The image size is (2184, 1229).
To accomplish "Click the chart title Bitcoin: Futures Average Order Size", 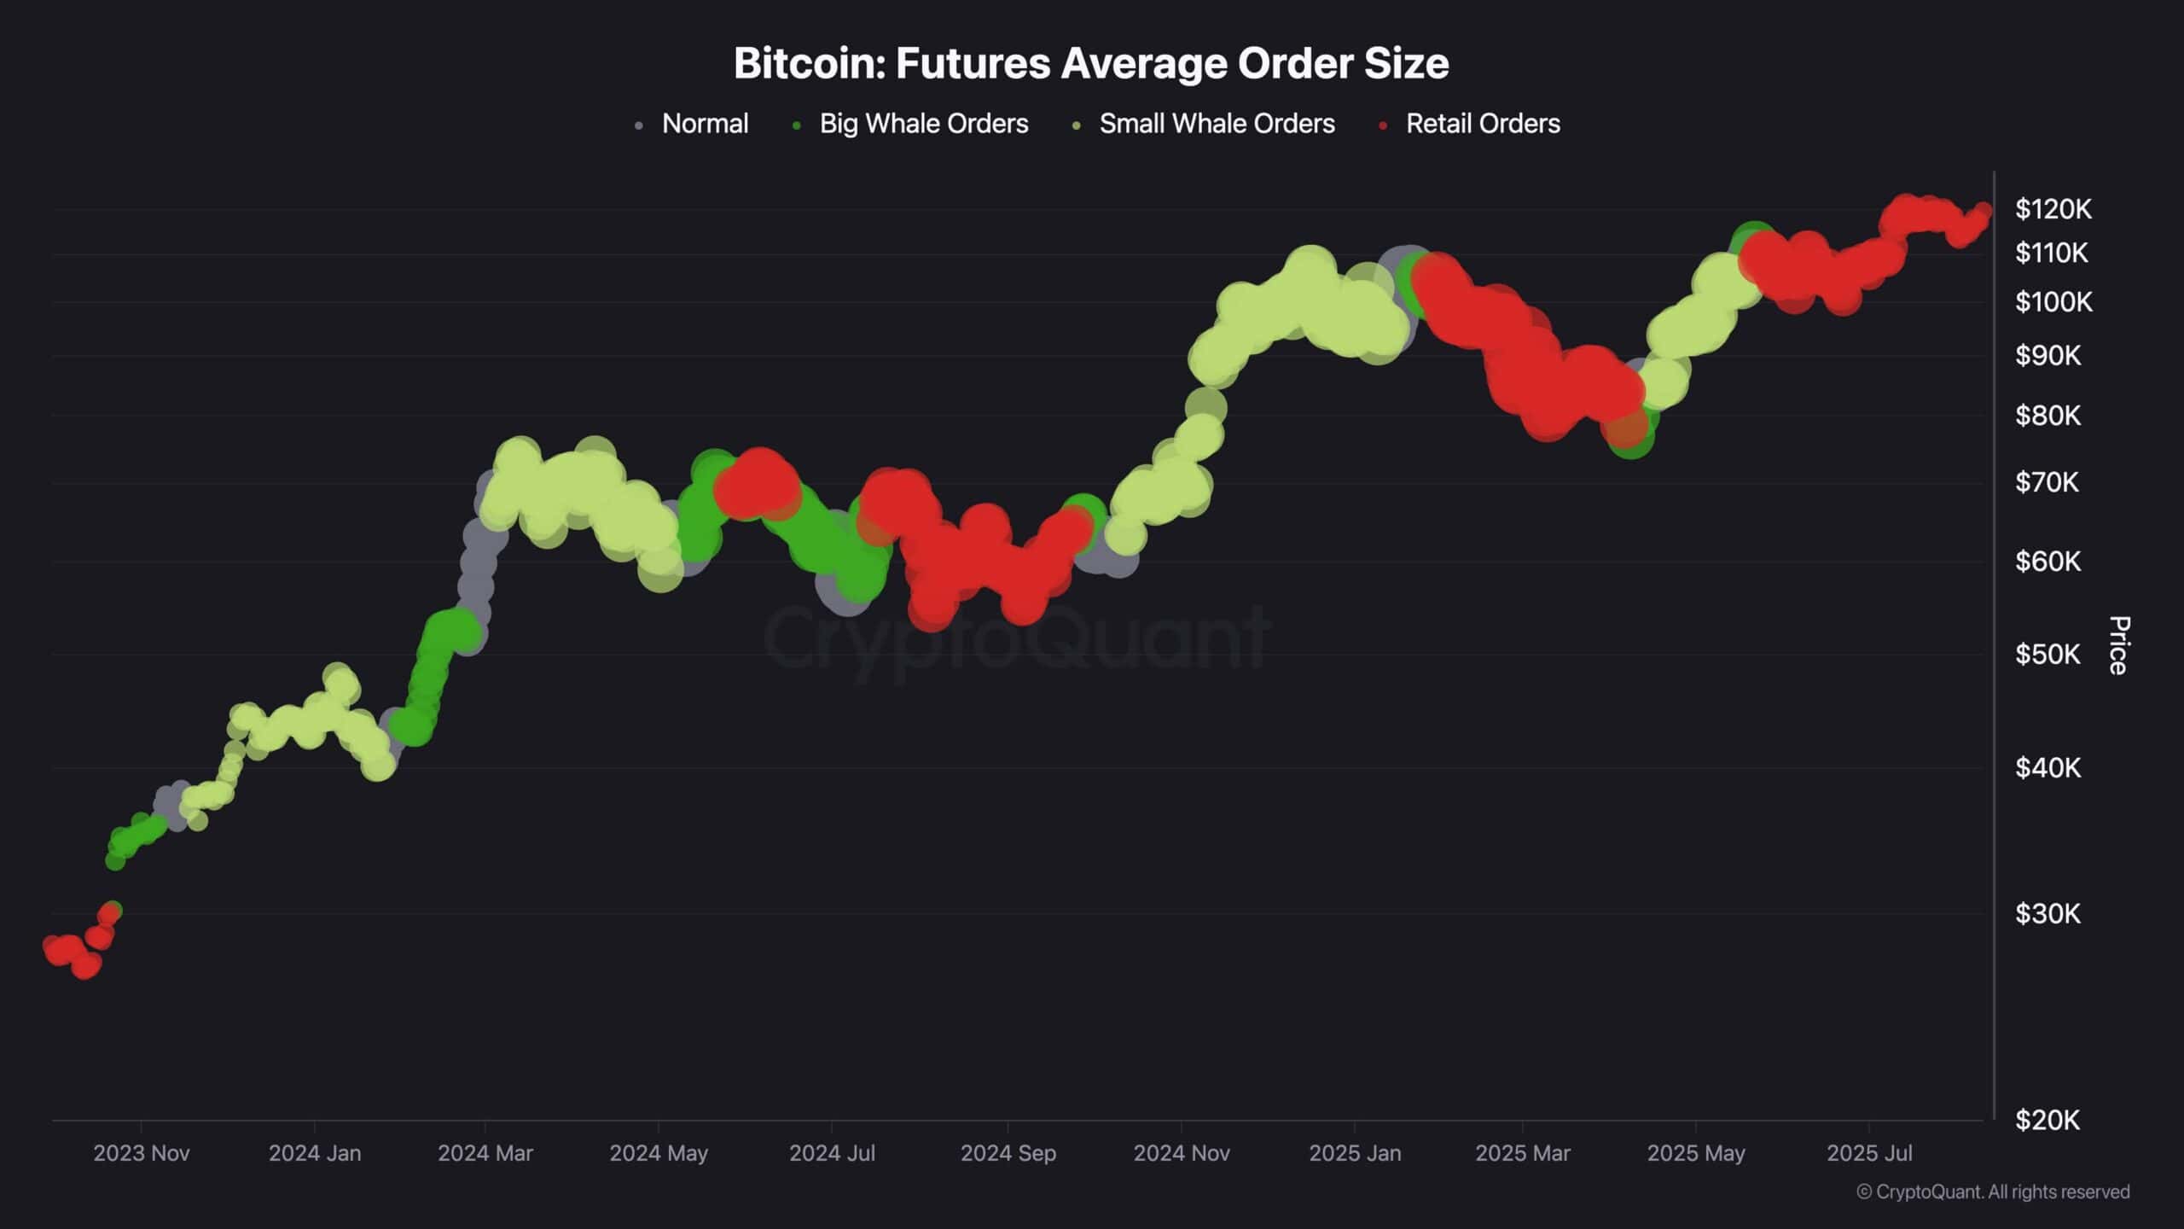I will pyautogui.click(x=1091, y=63).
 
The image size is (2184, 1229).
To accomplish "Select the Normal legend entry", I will pyautogui.click(x=705, y=124).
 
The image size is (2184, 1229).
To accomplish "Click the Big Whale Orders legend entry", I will pyautogui.click(x=923, y=124).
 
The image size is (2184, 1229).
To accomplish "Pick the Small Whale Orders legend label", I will pyautogui.click(x=1217, y=124).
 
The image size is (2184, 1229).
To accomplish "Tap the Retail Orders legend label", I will pyautogui.click(x=1483, y=124).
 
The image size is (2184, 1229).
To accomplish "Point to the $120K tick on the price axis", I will pyautogui.click(x=2053, y=209).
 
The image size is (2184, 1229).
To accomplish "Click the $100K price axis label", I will pyautogui.click(x=2053, y=302).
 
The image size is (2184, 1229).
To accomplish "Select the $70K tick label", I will pyautogui.click(x=2047, y=483).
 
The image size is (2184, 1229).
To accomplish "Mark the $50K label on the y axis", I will pyautogui.click(x=2047, y=655).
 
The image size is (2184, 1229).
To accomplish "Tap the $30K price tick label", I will pyautogui.click(x=2047, y=914).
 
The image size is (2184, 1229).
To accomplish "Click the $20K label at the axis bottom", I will pyautogui.click(x=2047, y=1121).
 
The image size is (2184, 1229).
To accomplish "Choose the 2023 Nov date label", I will pyautogui.click(x=142, y=1154).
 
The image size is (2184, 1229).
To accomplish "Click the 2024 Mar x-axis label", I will pyautogui.click(x=485, y=1154).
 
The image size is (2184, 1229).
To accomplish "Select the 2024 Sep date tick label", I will pyautogui.click(x=1008, y=1154).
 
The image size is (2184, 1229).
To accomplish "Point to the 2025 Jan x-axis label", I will pyautogui.click(x=1355, y=1154).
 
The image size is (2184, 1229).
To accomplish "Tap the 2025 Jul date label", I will pyautogui.click(x=1869, y=1154).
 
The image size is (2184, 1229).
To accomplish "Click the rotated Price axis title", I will pyautogui.click(x=2119, y=645).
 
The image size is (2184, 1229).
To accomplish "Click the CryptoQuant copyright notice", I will pyautogui.click(x=1993, y=1192).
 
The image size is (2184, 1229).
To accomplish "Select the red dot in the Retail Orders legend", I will pyautogui.click(x=1383, y=126).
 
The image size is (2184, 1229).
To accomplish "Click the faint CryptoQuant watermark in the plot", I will pyautogui.click(x=1015, y=638).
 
